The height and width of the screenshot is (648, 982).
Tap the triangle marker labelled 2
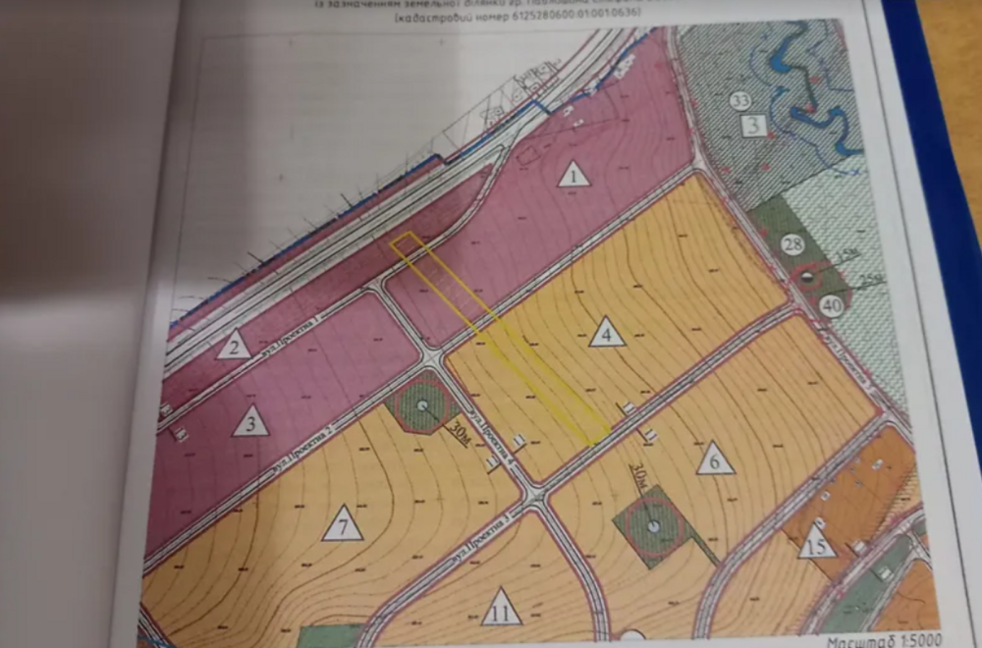click(234, 346)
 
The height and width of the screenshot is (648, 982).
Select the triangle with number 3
click(251, 422)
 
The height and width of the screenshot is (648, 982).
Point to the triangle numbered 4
click(607, 334)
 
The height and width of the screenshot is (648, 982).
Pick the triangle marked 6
click(715, 459)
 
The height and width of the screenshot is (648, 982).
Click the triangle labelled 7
click(343, 527)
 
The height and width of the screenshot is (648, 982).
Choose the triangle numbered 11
click(501, 610)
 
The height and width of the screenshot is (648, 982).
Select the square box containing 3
click(753, 126)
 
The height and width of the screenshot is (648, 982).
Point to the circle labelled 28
click(793, 244)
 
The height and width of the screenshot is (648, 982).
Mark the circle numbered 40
click(832, 305)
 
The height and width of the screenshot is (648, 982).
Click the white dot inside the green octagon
click(422, 405)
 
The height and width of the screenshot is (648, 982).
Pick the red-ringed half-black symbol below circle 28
click(806, 278)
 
